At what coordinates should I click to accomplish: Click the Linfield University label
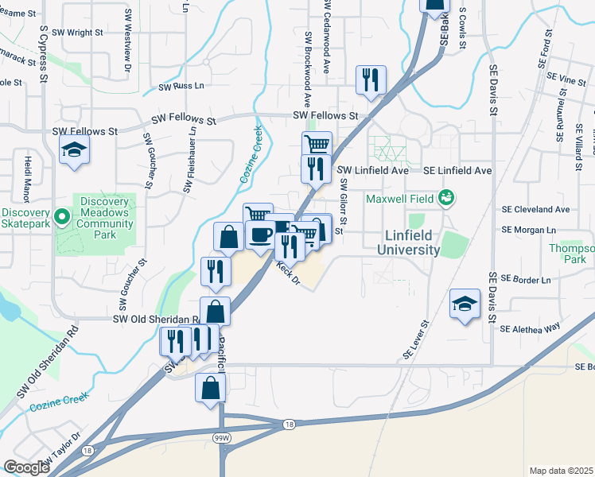[x=412, y=242]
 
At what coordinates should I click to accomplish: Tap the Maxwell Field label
[x=401, y=196]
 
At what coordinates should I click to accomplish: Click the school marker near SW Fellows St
[x=74, y=150]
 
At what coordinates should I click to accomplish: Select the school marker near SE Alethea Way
[x=465, y=304]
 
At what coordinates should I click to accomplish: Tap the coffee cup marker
[x=259, y=234]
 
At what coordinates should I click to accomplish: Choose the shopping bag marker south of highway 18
[x=211, y=389]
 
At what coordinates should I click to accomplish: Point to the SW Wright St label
[x=78, y=33]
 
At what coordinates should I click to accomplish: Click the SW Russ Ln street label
[x=181, y=87]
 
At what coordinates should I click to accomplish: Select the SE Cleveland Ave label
[x=535, y=209]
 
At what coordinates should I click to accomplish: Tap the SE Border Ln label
[x=526, y=280]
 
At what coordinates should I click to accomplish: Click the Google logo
[x=26, y=468]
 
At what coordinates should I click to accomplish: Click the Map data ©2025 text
[x=562, y=471]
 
